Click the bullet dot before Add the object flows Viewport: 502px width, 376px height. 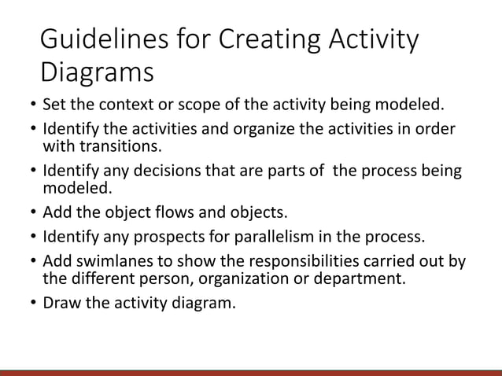click(31, 213)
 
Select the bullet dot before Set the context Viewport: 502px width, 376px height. click(31, 106)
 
